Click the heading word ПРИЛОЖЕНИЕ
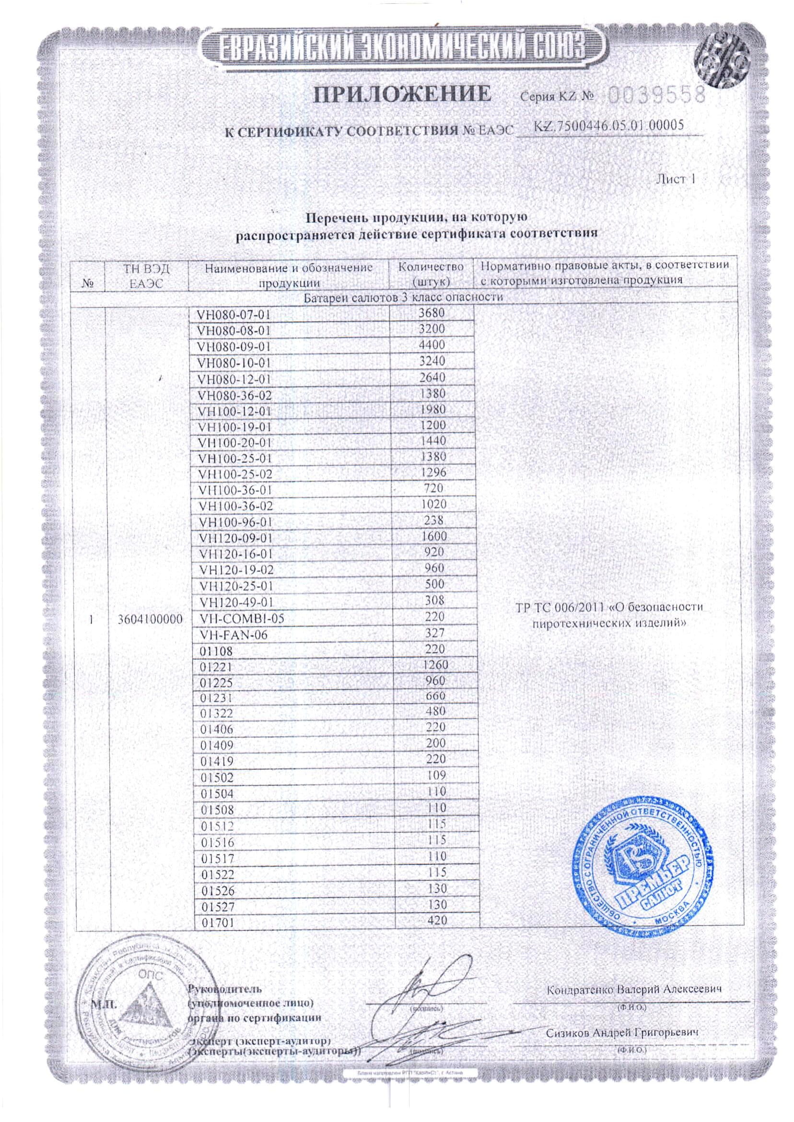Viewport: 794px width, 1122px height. click(402, 94)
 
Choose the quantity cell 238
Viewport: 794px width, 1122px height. click(433, 520)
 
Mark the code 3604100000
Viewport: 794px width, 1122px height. click(151, 619)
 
